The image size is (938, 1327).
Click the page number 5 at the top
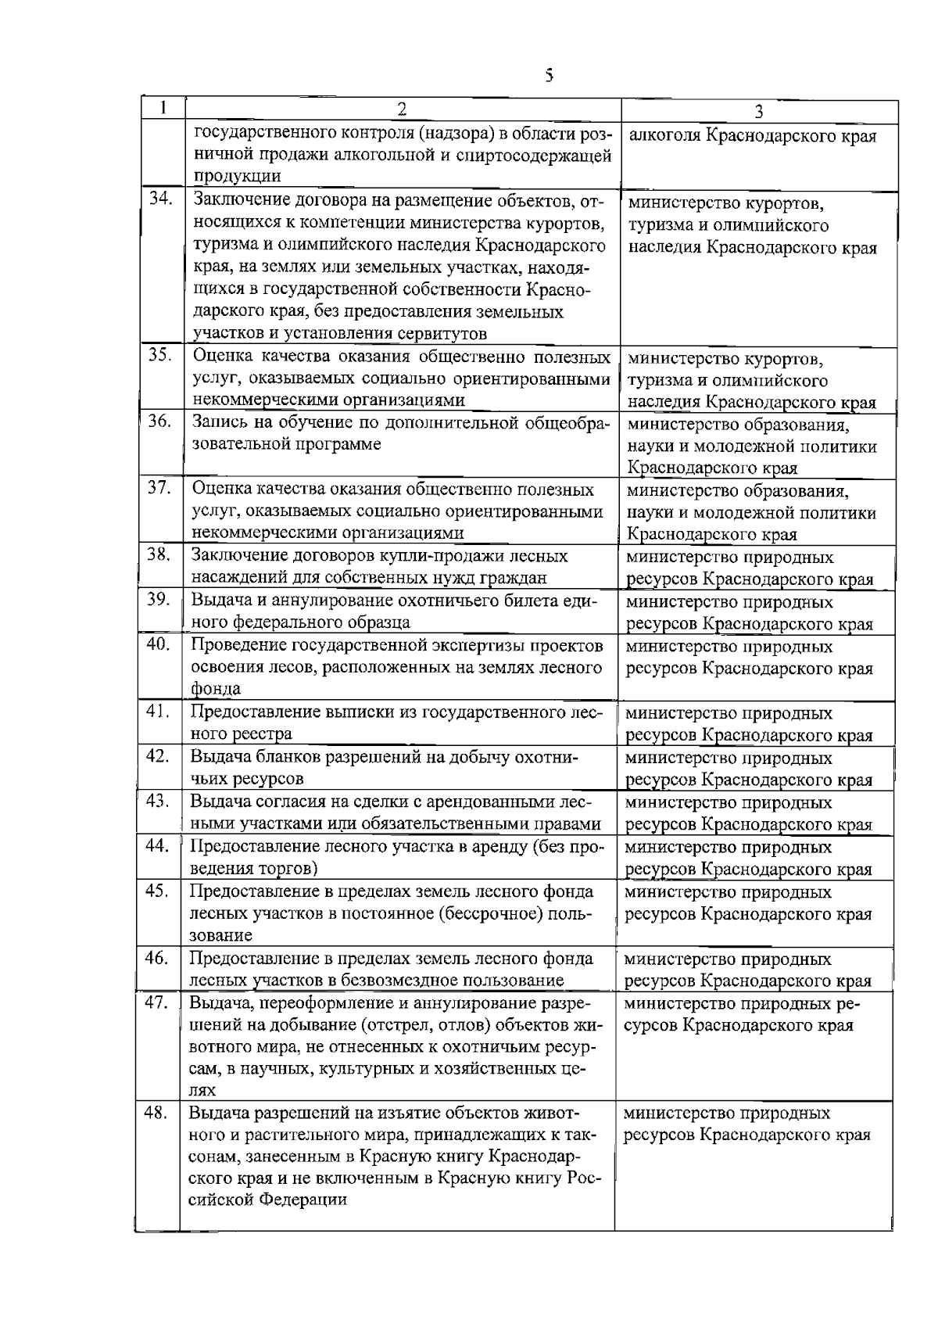pos(549,75)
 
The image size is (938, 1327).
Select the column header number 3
pos(758,111)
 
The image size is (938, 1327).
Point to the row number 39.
pos(159,600)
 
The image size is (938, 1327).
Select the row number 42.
pos(158,755)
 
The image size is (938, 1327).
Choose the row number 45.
pos(158,890)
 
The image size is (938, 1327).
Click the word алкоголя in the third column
pos(665,136)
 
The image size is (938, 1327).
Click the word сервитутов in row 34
pos(446,334)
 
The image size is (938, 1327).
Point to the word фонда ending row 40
pos(215,689)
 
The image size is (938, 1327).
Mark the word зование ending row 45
pos(221,935)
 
